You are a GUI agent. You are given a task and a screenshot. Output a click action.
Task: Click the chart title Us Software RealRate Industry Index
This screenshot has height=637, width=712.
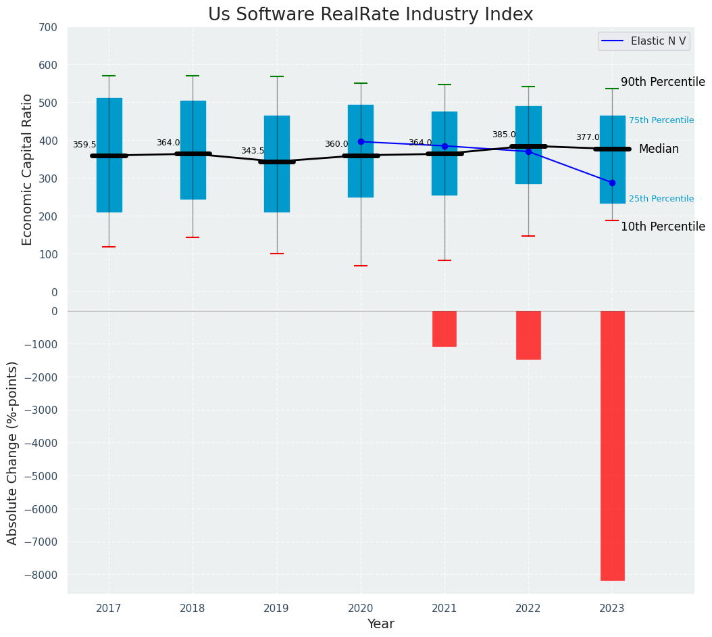tap(370, 15)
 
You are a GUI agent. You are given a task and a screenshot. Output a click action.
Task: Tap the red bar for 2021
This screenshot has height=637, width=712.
tap(444, 329)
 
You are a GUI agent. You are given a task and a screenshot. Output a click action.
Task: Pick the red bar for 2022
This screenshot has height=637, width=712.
tap(528, 335)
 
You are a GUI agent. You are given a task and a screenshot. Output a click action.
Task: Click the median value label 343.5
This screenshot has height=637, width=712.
tap(253, 151)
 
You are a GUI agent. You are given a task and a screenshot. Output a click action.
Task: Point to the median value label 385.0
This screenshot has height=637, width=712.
tap(504, 135)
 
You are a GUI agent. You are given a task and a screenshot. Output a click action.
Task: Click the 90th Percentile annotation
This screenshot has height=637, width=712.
tap(663, 82)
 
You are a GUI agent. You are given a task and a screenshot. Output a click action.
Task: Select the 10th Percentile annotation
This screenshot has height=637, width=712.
tap(663, 227)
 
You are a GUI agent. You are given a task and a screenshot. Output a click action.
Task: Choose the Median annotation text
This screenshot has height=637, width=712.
tap(659, 149)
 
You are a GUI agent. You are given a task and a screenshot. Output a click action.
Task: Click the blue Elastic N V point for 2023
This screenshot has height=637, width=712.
tap(612, 183)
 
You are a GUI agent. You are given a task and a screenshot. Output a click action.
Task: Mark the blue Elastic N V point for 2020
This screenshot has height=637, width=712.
tap(361, 141)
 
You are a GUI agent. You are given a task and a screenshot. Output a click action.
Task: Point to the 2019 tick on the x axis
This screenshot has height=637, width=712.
tap(276, 609)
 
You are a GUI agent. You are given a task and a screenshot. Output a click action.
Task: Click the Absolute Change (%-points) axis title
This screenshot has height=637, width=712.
tap(13, 452)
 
